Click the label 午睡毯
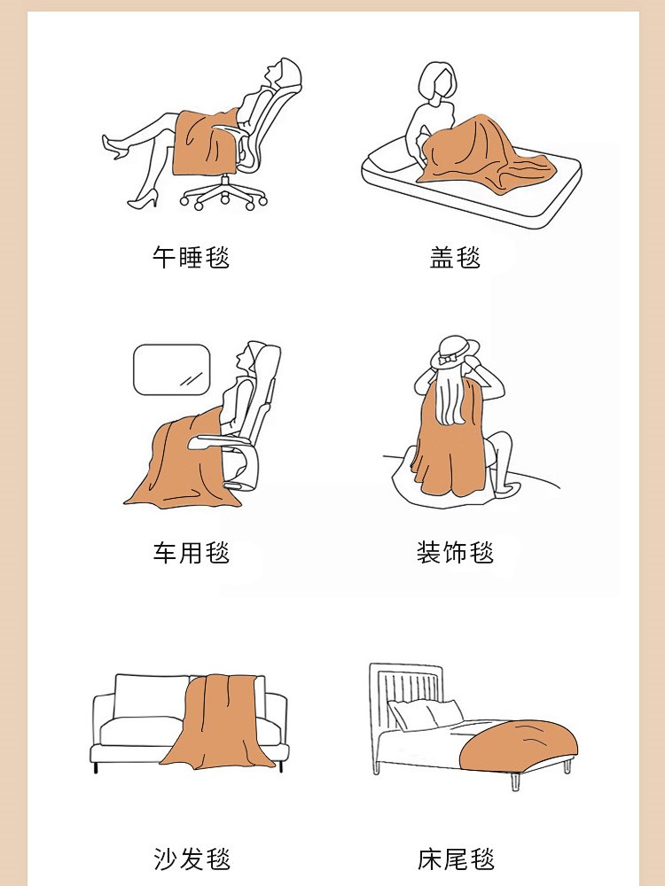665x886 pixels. click(192, 257)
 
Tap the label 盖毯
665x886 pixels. click(455, 257)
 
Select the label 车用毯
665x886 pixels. click(192, 552)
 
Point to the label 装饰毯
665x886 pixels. click(455, 552)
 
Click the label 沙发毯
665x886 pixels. click(192, 859)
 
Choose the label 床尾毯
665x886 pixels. click(456, 859)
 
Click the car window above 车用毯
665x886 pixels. click(172, 369)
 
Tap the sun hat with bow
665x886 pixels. click(455, 352)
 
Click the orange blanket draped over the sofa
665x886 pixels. click(218, 722)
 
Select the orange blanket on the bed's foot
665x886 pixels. click(518, 746)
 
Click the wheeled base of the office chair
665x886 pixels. click(224, 195)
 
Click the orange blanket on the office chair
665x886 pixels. click(205, 143)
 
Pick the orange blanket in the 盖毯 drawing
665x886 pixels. click(483, 152)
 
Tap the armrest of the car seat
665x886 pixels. click(218, 441)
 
